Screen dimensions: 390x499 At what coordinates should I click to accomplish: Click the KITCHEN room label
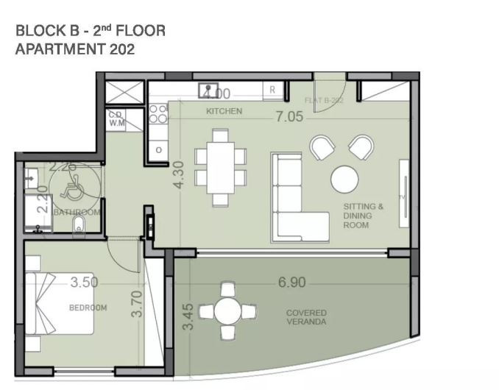[224, 111]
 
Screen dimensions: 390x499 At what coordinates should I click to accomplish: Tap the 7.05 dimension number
[289, 116]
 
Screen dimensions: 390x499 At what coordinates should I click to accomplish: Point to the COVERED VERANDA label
[306, 317]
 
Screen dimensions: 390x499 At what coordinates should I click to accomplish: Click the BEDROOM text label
[88, 308]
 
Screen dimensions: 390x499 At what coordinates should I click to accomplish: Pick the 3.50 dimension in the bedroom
[85, 282]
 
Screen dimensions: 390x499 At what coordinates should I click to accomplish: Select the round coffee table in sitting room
[345, 179]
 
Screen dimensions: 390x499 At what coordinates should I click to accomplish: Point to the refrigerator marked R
[272, 90]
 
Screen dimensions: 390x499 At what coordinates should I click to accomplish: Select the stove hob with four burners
[158, 113]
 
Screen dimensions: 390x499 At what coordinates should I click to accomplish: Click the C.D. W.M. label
[116, 119]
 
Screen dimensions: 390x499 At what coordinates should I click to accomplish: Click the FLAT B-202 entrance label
[324, 100]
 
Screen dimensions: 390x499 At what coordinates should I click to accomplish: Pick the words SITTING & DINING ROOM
[363, 216]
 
